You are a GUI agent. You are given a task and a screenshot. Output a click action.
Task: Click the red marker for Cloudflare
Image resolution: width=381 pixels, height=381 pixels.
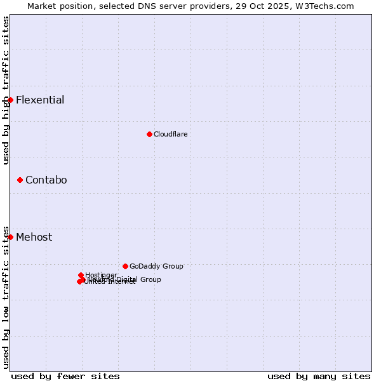[x=149, y=134]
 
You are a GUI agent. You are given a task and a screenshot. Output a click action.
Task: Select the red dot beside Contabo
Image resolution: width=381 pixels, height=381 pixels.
[x=20, y=180]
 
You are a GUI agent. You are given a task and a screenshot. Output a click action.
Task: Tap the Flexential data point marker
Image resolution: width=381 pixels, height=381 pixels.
[x=10, y=100]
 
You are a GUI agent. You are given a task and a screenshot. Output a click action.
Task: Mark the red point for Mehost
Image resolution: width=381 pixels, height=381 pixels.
[x=10, y=237]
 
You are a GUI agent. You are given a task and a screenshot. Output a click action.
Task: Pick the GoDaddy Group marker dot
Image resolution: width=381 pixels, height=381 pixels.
[x=125, y=266]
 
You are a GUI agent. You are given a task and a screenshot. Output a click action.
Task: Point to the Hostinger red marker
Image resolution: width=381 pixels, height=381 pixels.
[x=81, y=275]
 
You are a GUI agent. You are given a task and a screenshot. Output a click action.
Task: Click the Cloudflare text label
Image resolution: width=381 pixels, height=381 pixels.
[x=170, y=134]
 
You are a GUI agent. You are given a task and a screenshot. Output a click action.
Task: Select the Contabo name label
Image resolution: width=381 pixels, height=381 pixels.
[x=46, y=180]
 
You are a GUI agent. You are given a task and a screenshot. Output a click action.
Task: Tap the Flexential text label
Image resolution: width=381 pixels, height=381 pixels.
[x=40, y=100]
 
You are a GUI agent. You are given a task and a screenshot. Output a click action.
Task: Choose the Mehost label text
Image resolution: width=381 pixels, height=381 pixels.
[x=34, y=237]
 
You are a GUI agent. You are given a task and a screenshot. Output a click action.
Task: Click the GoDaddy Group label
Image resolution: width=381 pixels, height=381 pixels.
[x=156, y=266]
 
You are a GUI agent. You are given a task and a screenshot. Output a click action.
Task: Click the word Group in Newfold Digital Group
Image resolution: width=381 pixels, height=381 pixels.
[x=150, y=279]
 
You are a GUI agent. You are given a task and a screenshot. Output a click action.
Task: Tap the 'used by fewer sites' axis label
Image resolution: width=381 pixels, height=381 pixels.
[x=65, y=376]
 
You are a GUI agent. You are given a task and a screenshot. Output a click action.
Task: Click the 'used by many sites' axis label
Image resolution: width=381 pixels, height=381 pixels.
[x=319, y=376]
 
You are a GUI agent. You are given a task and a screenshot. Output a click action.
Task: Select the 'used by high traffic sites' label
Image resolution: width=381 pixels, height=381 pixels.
[x=6, y=90]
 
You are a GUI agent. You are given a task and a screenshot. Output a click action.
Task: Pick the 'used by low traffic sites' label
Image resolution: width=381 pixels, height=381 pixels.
[x=6, y=297]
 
